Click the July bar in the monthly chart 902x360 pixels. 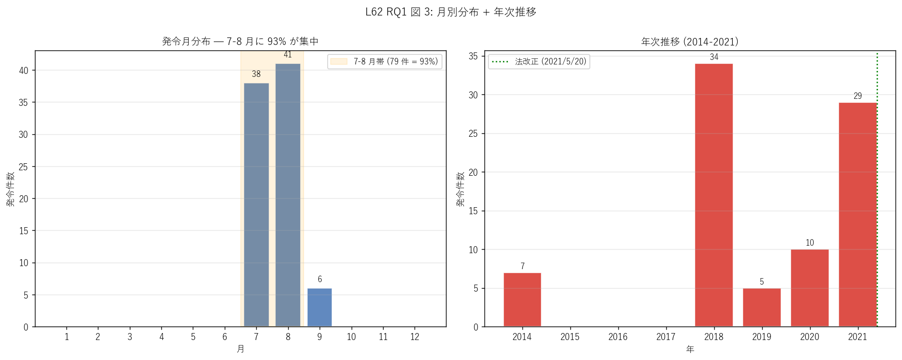(x=256, y=205)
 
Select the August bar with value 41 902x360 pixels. (x=288, y=195)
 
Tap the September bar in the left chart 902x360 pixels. (x=320, y=308)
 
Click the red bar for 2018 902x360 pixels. (x=714, y=195)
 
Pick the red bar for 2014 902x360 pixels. (x=522, y=300)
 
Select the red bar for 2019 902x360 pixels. (x=762, y=308)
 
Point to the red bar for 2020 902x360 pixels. (x=810, y=288)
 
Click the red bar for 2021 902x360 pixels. (x=858, y=215)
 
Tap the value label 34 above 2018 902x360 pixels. (x=714, y=57)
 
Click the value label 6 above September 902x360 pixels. (x=320, y=279)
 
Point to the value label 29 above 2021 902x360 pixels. (x=858, y=96)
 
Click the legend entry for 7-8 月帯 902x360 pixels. (x=385, y=61)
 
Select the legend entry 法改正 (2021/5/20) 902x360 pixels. (x=539, y=61)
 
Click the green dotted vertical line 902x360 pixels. (x=877, y=190)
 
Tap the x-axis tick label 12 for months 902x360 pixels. (x=415, y=337)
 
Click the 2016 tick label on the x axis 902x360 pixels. (x=618, y=337)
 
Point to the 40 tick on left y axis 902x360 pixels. (x=23, y=70)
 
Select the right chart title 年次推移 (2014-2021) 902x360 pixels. (x=690, y=41)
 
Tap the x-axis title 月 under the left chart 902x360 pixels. (x=240, y=349)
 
